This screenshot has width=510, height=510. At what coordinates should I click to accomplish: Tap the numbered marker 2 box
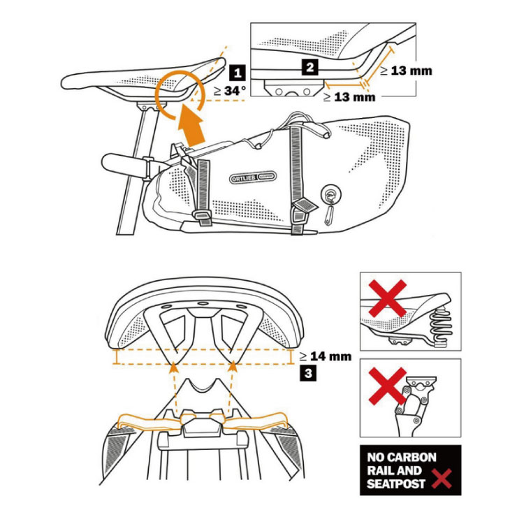(x=309, y=67)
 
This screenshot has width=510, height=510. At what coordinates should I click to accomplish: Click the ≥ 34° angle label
(x=229, y=89)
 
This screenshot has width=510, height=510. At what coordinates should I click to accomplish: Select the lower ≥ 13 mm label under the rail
(x=349, y=97)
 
